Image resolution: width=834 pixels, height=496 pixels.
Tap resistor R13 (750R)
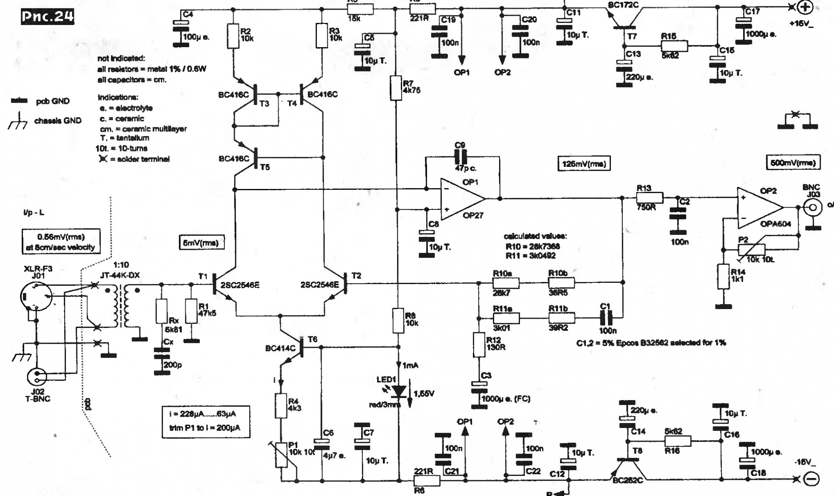pyautogui.click(x=650, y=198)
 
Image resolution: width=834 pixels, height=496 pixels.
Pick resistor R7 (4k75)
pyautogui.click(x=396, y=88)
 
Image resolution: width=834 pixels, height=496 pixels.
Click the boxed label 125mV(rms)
pyautogui.click(x=584, y=164)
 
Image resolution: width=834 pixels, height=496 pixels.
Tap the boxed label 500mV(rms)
pyautogui.click(x=793, y=163)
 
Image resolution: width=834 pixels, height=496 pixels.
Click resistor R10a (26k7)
pyautogui.click(x=506, y=283)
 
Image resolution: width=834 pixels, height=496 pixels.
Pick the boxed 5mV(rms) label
pyautogui.click(x=201, y=243)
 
